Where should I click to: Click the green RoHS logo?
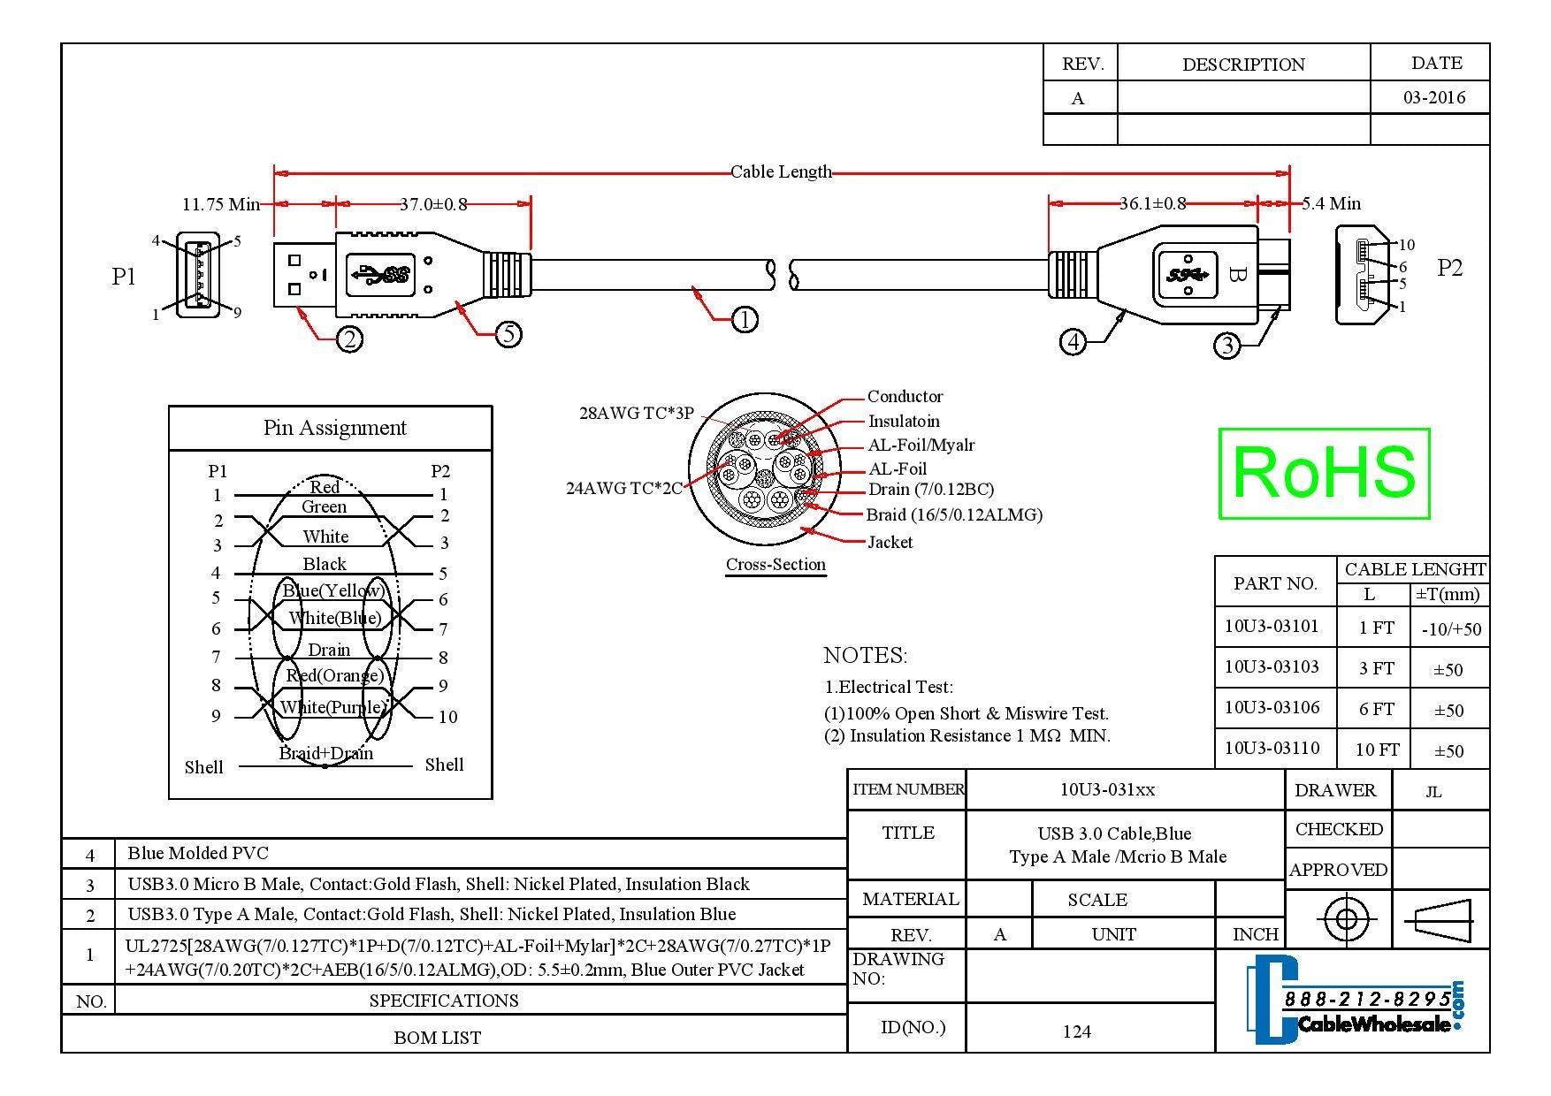pos(1324,473)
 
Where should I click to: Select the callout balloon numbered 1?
pos(745,319)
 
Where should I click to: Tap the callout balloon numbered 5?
pos(508,334)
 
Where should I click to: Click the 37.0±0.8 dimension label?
pos(433,204)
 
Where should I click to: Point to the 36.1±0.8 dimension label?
pos(1152,203)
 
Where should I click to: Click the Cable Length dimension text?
pos(781,171)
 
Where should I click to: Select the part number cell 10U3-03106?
pos(1272,707)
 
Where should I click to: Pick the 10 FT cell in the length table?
pos(1378,750)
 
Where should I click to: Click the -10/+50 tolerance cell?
pos(1451,629)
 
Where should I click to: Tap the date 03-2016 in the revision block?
pos(1434,97)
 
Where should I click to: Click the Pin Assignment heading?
pos(335,428)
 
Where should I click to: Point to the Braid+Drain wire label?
pos(325,753)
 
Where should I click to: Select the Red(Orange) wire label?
pos(334,676)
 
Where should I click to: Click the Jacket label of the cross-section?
pos(890,542)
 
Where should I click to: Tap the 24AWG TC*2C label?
pos(624,488)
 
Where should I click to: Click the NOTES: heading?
pos(866,655)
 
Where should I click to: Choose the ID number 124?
pos(1077,1031)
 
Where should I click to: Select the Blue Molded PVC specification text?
pos(198,853)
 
